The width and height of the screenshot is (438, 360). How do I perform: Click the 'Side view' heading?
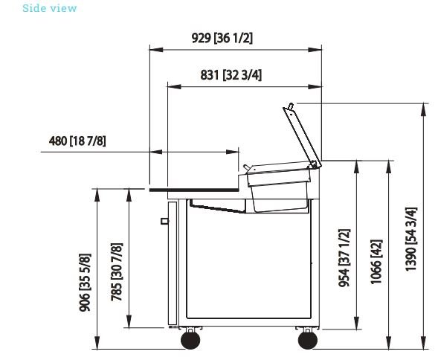coord(49,8)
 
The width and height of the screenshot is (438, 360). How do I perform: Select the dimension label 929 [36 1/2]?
coord(222,38)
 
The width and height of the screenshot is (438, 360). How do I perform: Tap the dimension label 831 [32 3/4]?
coord(231,75)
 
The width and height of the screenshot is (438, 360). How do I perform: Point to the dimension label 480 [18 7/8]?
coord(77,141)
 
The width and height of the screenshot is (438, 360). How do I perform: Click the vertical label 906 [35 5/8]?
coord(85,283)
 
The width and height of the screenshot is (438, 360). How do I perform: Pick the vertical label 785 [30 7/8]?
coord(117,272)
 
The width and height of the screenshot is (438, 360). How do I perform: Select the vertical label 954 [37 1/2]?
coord(344,258)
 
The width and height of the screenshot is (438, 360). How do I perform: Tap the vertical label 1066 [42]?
coord(376,262)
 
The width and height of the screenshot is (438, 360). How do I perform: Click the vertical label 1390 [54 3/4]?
coord(411,239)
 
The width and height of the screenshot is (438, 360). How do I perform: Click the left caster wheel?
coord(190,340)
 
